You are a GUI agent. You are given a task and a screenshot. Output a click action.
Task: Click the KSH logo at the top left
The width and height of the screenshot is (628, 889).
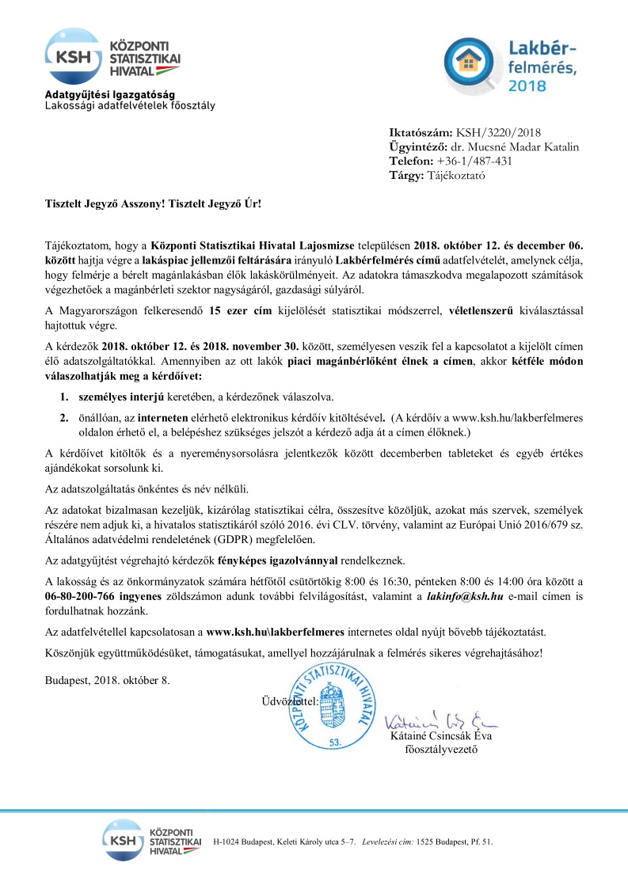click(74, 55)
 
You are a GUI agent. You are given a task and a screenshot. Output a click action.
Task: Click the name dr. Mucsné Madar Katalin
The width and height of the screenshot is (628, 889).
click(515, 146)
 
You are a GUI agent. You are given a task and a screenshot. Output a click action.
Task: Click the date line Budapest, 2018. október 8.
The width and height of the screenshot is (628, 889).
click(107, 680)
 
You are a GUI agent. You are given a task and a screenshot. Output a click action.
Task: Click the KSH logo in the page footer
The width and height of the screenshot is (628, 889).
click(141, 841)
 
